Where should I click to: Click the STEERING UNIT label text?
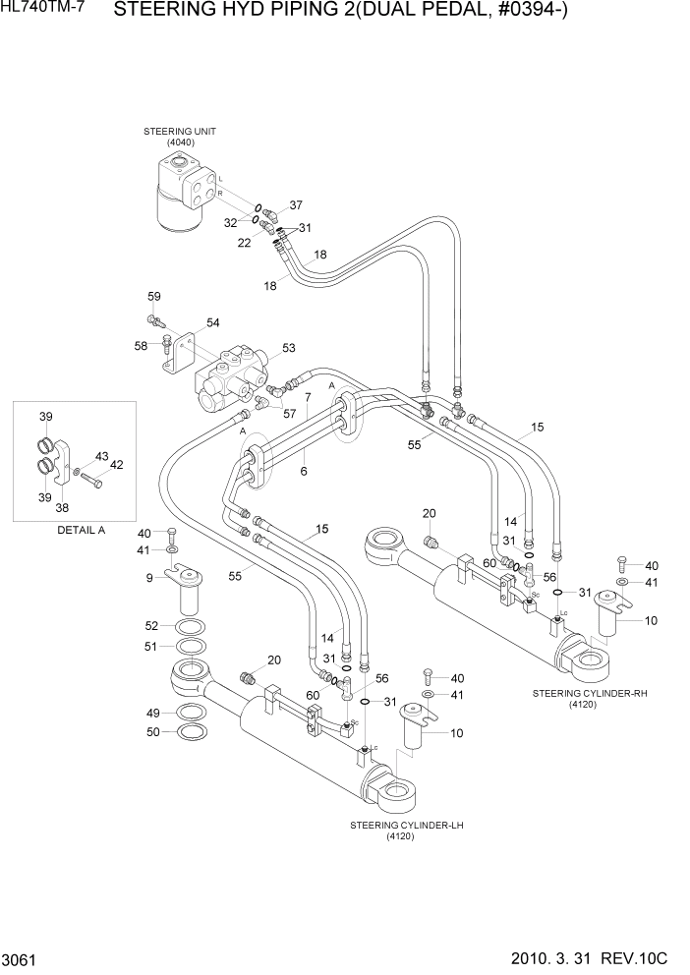coord(180,131)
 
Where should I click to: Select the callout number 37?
coord(296,205)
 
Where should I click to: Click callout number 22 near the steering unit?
coord(244,243)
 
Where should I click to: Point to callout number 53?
coord(288,348)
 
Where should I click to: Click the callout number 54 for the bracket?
coord(212,323)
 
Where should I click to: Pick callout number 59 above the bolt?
coord(154,296)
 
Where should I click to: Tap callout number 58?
coord(141,345)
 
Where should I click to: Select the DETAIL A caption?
coord(75,530)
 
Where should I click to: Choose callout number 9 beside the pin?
coord(149,578)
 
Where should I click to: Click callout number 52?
coord(151,625)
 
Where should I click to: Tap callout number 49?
coord(153,713)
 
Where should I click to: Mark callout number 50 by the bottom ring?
coord(153,732)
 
